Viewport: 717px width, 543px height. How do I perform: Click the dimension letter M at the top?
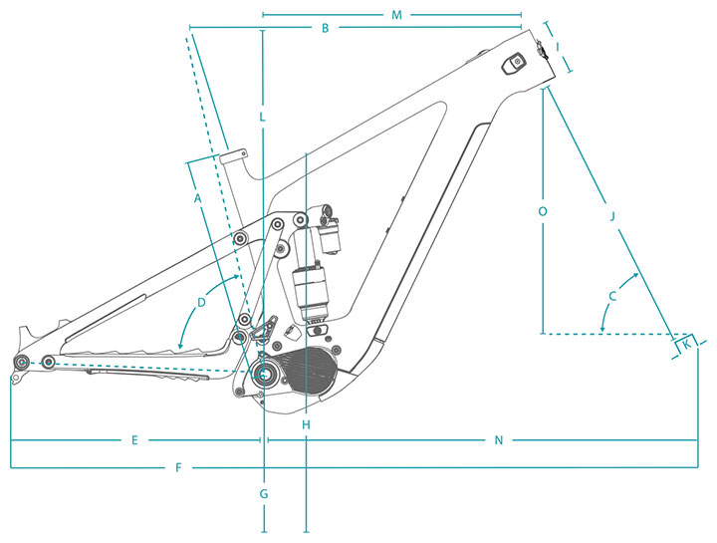(x=396, y=15)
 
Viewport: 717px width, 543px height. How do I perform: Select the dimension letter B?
(x=325, y=28)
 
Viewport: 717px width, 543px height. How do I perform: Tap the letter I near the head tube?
(x=558, y=47)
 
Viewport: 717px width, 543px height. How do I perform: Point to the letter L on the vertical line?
(x=262, y=117)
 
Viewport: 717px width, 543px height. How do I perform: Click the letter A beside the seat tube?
(x=197, y=198)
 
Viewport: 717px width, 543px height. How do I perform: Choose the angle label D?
(x=201, y=302)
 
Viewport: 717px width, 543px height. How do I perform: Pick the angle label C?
(x=612, y=296)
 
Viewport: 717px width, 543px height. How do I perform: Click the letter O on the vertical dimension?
(x=543, y=211)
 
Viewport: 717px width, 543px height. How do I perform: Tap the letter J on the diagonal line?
(x=612, y=216)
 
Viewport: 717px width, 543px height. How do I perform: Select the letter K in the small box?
(x=686, y=345)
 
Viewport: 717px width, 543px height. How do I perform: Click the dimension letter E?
(x=134, y=440)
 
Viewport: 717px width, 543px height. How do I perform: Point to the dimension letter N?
(x=499, y=440)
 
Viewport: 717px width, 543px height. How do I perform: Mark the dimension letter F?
(x=179, y=467)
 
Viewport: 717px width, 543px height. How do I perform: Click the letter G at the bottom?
(x=264, y=494)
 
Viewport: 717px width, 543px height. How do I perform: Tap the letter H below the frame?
(x=306, y=425)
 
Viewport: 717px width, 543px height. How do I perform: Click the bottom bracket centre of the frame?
(x=263, y=375)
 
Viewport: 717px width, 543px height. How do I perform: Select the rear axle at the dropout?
(x=21, y=362)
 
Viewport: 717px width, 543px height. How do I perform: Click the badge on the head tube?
(x=515, y=63)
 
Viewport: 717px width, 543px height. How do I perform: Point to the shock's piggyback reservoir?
(x=330, y=235)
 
